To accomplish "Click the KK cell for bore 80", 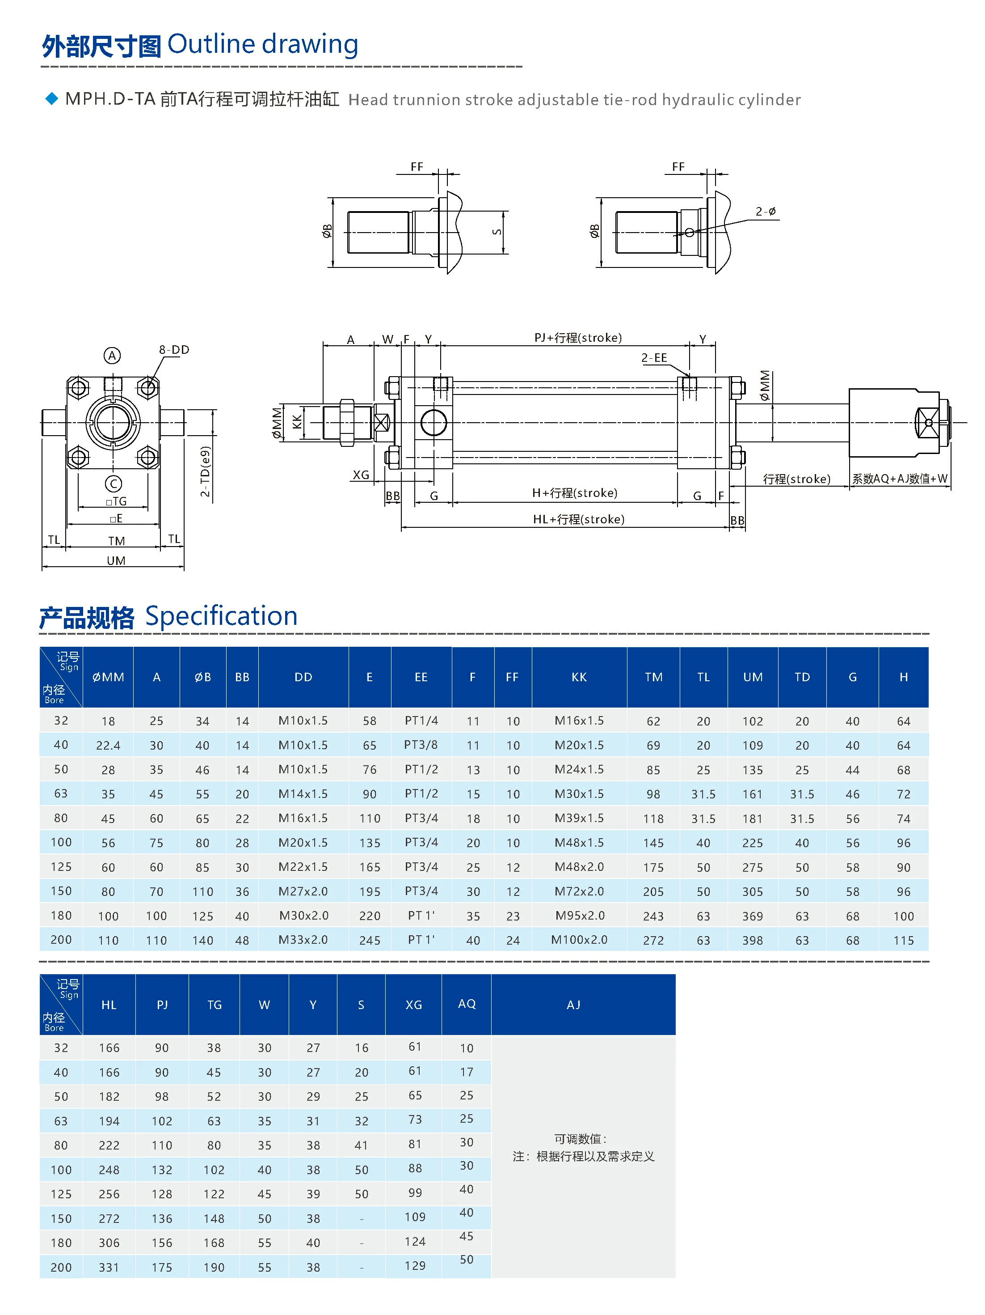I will (579, 818).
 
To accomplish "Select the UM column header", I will (752, 677).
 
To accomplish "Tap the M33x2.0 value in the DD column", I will (303, 940).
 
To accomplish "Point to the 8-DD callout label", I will (173, 350).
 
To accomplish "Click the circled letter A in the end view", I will (112, 356).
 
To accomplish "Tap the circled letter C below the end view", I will (114, 484).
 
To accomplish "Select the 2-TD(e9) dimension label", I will (205, 471).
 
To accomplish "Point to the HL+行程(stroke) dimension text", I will (578, 519).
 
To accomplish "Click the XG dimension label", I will (361, 475).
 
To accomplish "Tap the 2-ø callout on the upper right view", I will (765, 212).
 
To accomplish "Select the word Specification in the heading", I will (221, 616).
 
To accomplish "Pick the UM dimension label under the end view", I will (116, 560).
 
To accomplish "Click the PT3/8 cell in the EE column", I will (421, 745).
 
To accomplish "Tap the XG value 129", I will (415, 1266).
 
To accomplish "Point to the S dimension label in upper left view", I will (497, 232).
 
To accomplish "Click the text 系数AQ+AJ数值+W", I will (900, 479).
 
